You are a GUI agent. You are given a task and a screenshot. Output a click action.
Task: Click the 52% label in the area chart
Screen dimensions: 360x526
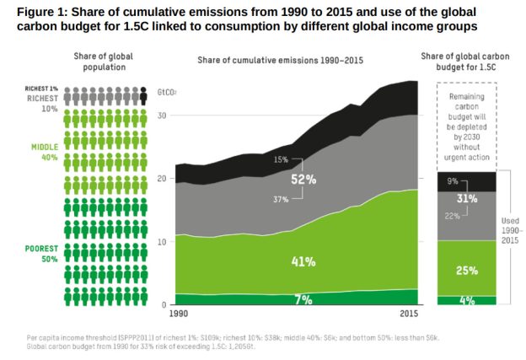(x=303, y=180)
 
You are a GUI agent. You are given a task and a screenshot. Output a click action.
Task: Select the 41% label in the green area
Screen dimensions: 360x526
(x=303, y=261)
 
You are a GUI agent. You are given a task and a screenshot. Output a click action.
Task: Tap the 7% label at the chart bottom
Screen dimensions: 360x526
(x=303, y=298)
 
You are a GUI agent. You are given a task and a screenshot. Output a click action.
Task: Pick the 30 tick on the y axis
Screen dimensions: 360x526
(x=164, y=116)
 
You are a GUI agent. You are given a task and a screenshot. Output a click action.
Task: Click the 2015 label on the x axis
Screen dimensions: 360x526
(x=408, y=314)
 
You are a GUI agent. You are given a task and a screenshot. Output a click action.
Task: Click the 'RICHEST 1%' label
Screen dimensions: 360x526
(x=40, y=88)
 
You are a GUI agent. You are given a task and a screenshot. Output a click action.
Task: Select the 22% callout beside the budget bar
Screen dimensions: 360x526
(x=454, y=216)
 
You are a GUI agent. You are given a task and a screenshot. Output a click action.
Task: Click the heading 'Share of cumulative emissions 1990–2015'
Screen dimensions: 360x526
(x=282, y=61)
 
